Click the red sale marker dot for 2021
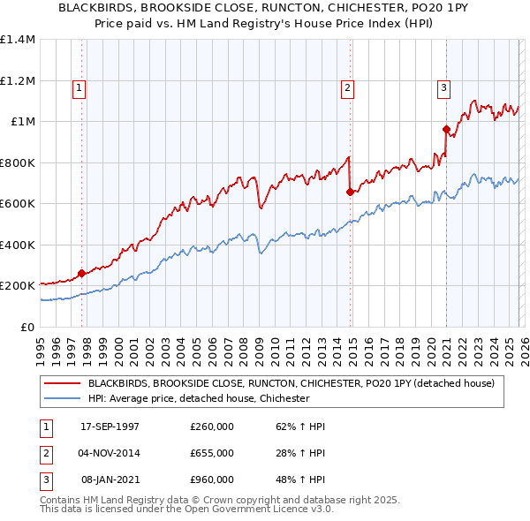pyautogui.click(x=446, y=130)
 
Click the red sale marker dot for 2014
pyautogui.click(x=351, y=192)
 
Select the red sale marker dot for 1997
pyautogui.click(x=82, y=273)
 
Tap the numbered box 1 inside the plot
pyautogui.click(x=79, y=87)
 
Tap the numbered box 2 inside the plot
pyautogui.click(x=348, y=87)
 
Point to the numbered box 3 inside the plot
pyautogui.click(x=443, y=87)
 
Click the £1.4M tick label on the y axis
pyautogui.click(x=18, y=40)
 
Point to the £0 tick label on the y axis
pyautogui.click(x=27, y=327)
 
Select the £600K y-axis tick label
pyautogui.click(x=18, y=204)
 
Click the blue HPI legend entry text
pyautogui.click(x=199, y=398)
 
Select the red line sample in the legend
pyautogui.click(x=63, y=383)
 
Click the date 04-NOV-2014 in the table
pyautogui.click(x=110, y=453)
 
